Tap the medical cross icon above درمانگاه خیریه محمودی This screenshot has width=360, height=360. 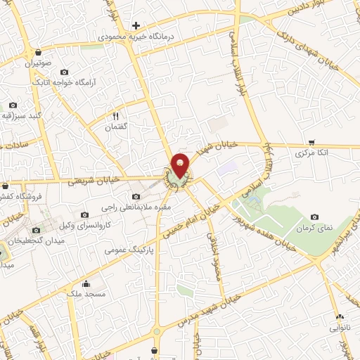pyautogui.click(x=136, y=25)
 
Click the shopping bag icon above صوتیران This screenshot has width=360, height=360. pyautogui.click(x=37, y=52)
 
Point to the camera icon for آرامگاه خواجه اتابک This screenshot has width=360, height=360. pyautogui.click(x=65, y=72)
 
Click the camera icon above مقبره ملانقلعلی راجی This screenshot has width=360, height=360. pyautogui.click(x=136, y=195)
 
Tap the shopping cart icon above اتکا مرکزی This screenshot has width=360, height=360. pyautogui.click(x=311, y=142)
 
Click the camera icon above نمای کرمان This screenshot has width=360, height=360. pyautogui.click(x=314, y=217)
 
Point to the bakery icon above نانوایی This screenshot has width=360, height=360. pyautogui.click(x=339, y=318)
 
